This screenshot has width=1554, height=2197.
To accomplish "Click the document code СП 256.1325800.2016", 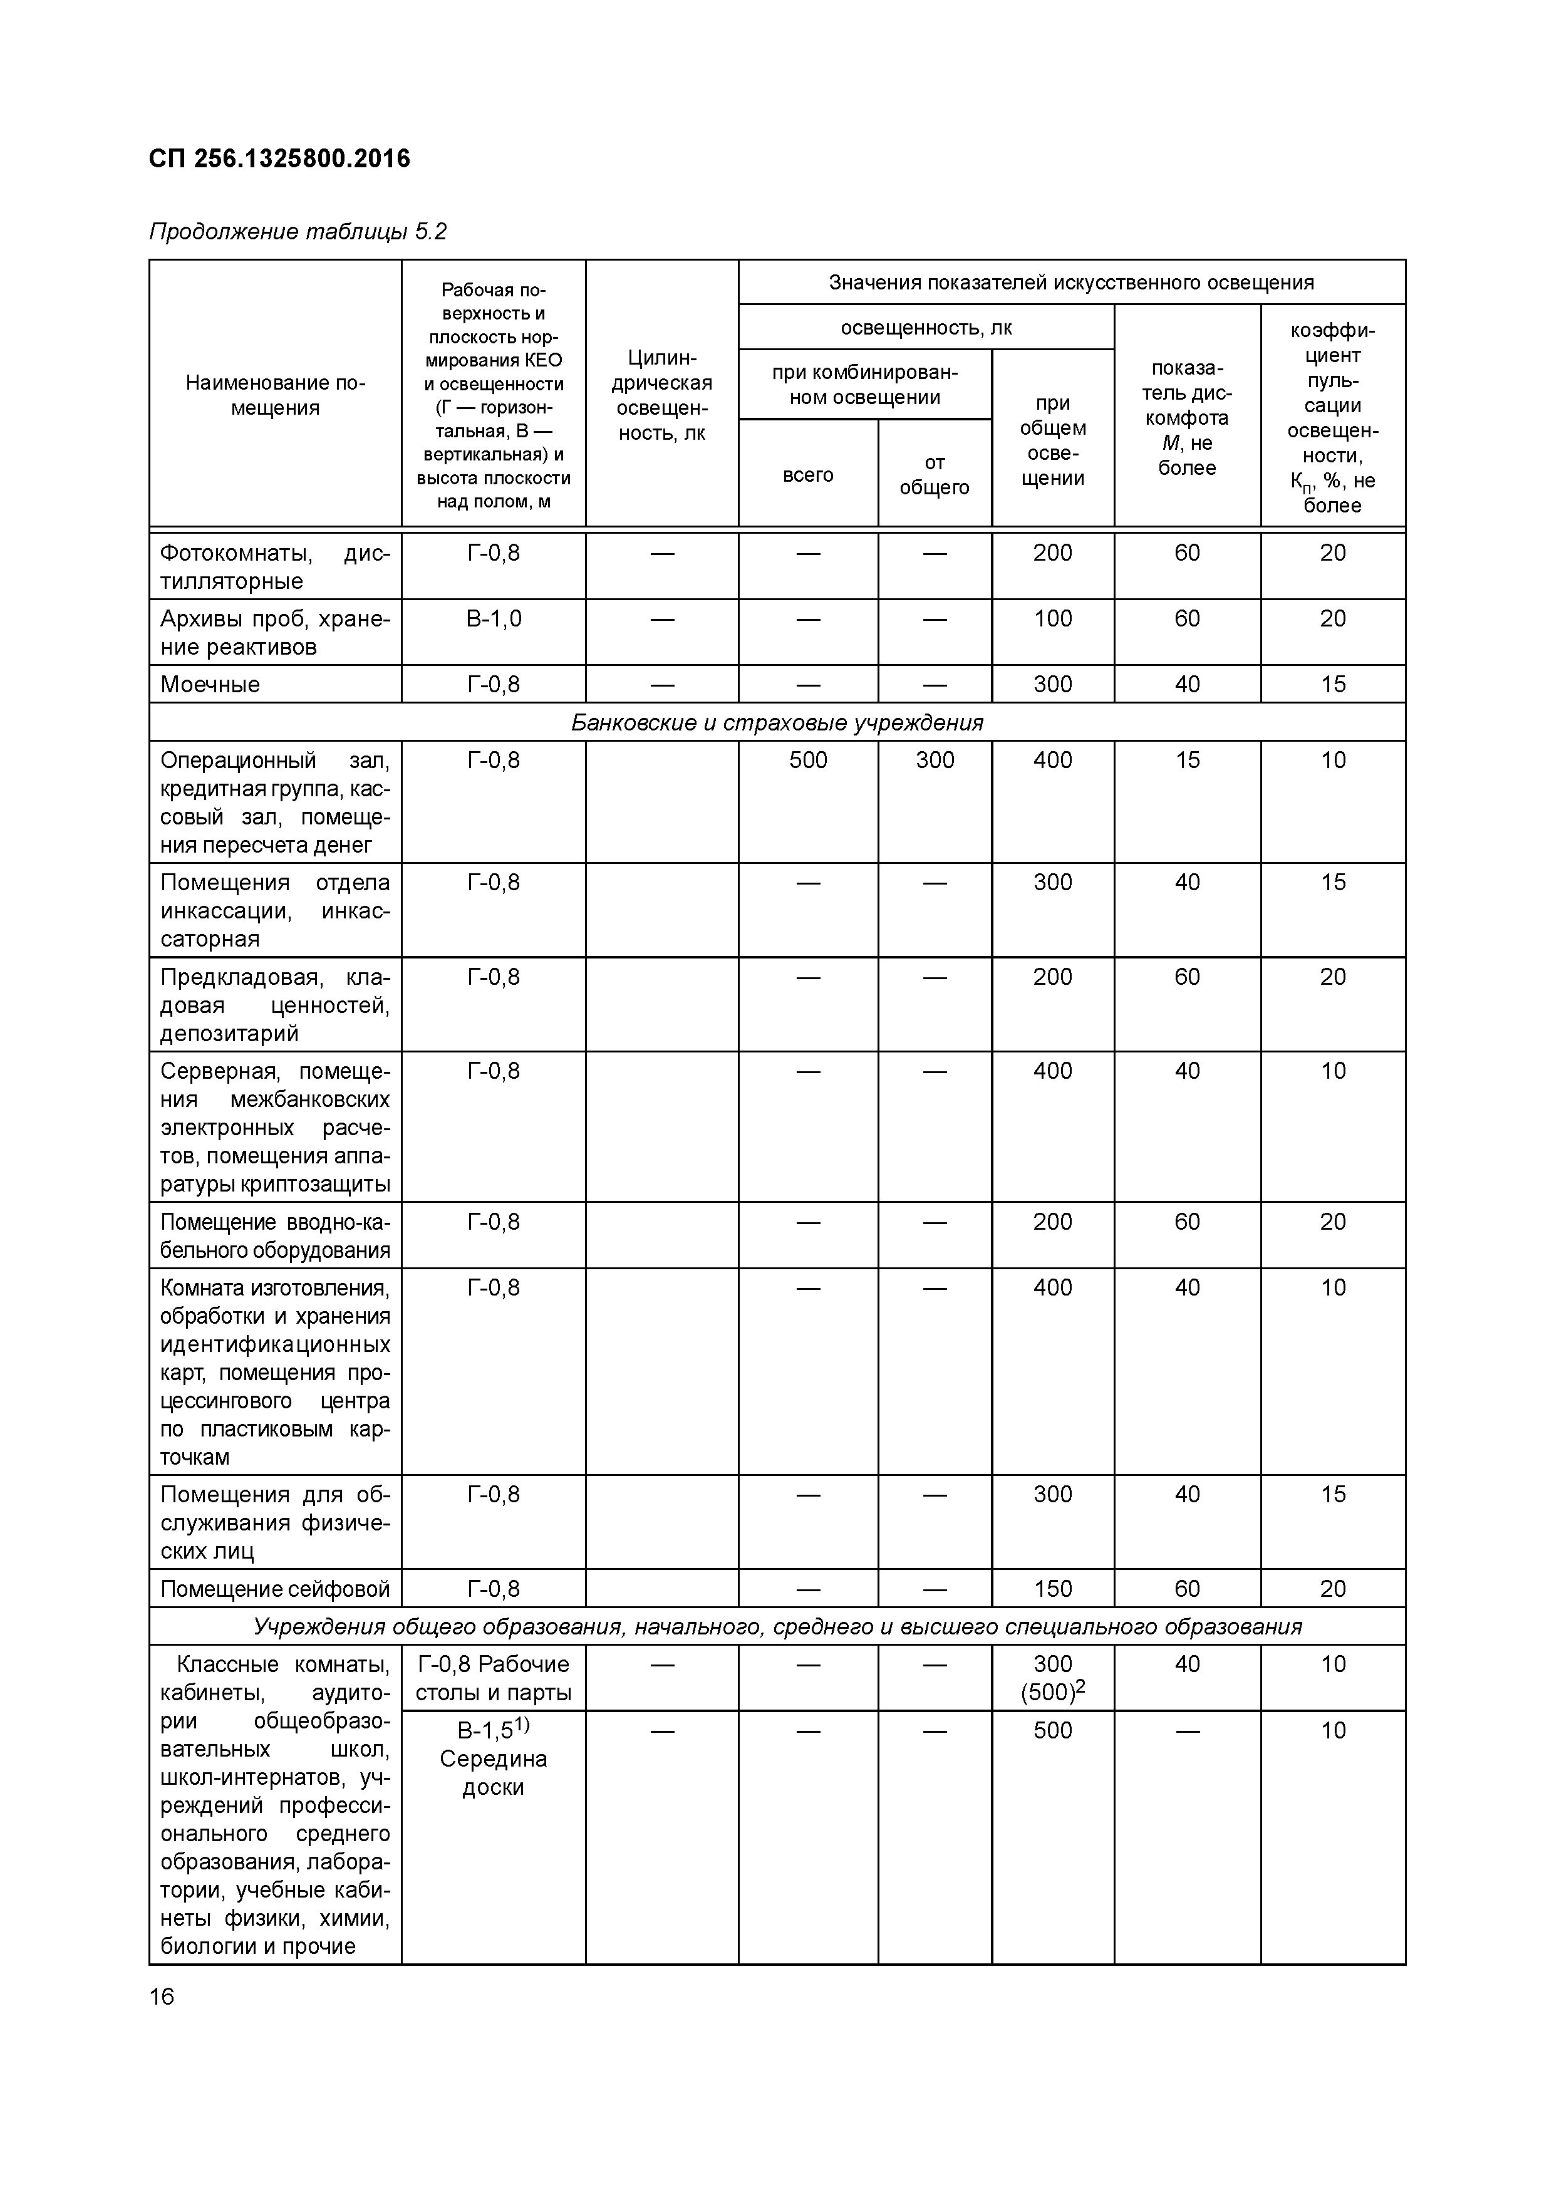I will pyautogui.click(x=279, y=159).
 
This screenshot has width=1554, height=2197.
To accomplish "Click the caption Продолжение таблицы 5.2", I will pyautogui.click(x=298, y=232).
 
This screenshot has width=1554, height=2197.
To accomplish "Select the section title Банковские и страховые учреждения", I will pyautogui.click(x=777, y=722).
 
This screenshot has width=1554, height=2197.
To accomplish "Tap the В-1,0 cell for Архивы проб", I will pyautogui.click(x=493, y=619).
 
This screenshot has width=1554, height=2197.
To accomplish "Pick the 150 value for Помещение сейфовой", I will pyautogui.click(x=1052, y=1589).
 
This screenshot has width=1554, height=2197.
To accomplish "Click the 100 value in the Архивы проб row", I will pyautogui.click(x=1052, y=619).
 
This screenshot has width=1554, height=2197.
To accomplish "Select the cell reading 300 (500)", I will pyautogui.click(x=1052, y=1678).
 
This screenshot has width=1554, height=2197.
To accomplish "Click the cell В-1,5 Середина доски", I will pyautogui.click(x=493, y=1758).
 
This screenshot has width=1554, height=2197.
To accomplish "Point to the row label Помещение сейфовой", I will pyautogui.click(x=274, y=1589).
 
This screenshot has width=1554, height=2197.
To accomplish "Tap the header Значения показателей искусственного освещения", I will pyautogui.click(x=1071, y=283).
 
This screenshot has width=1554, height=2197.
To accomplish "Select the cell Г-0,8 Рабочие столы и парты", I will pyautogui.click(x=493, y=1678).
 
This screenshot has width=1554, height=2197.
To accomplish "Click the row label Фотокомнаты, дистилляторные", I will pyautogui.click(x=274, y=566).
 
